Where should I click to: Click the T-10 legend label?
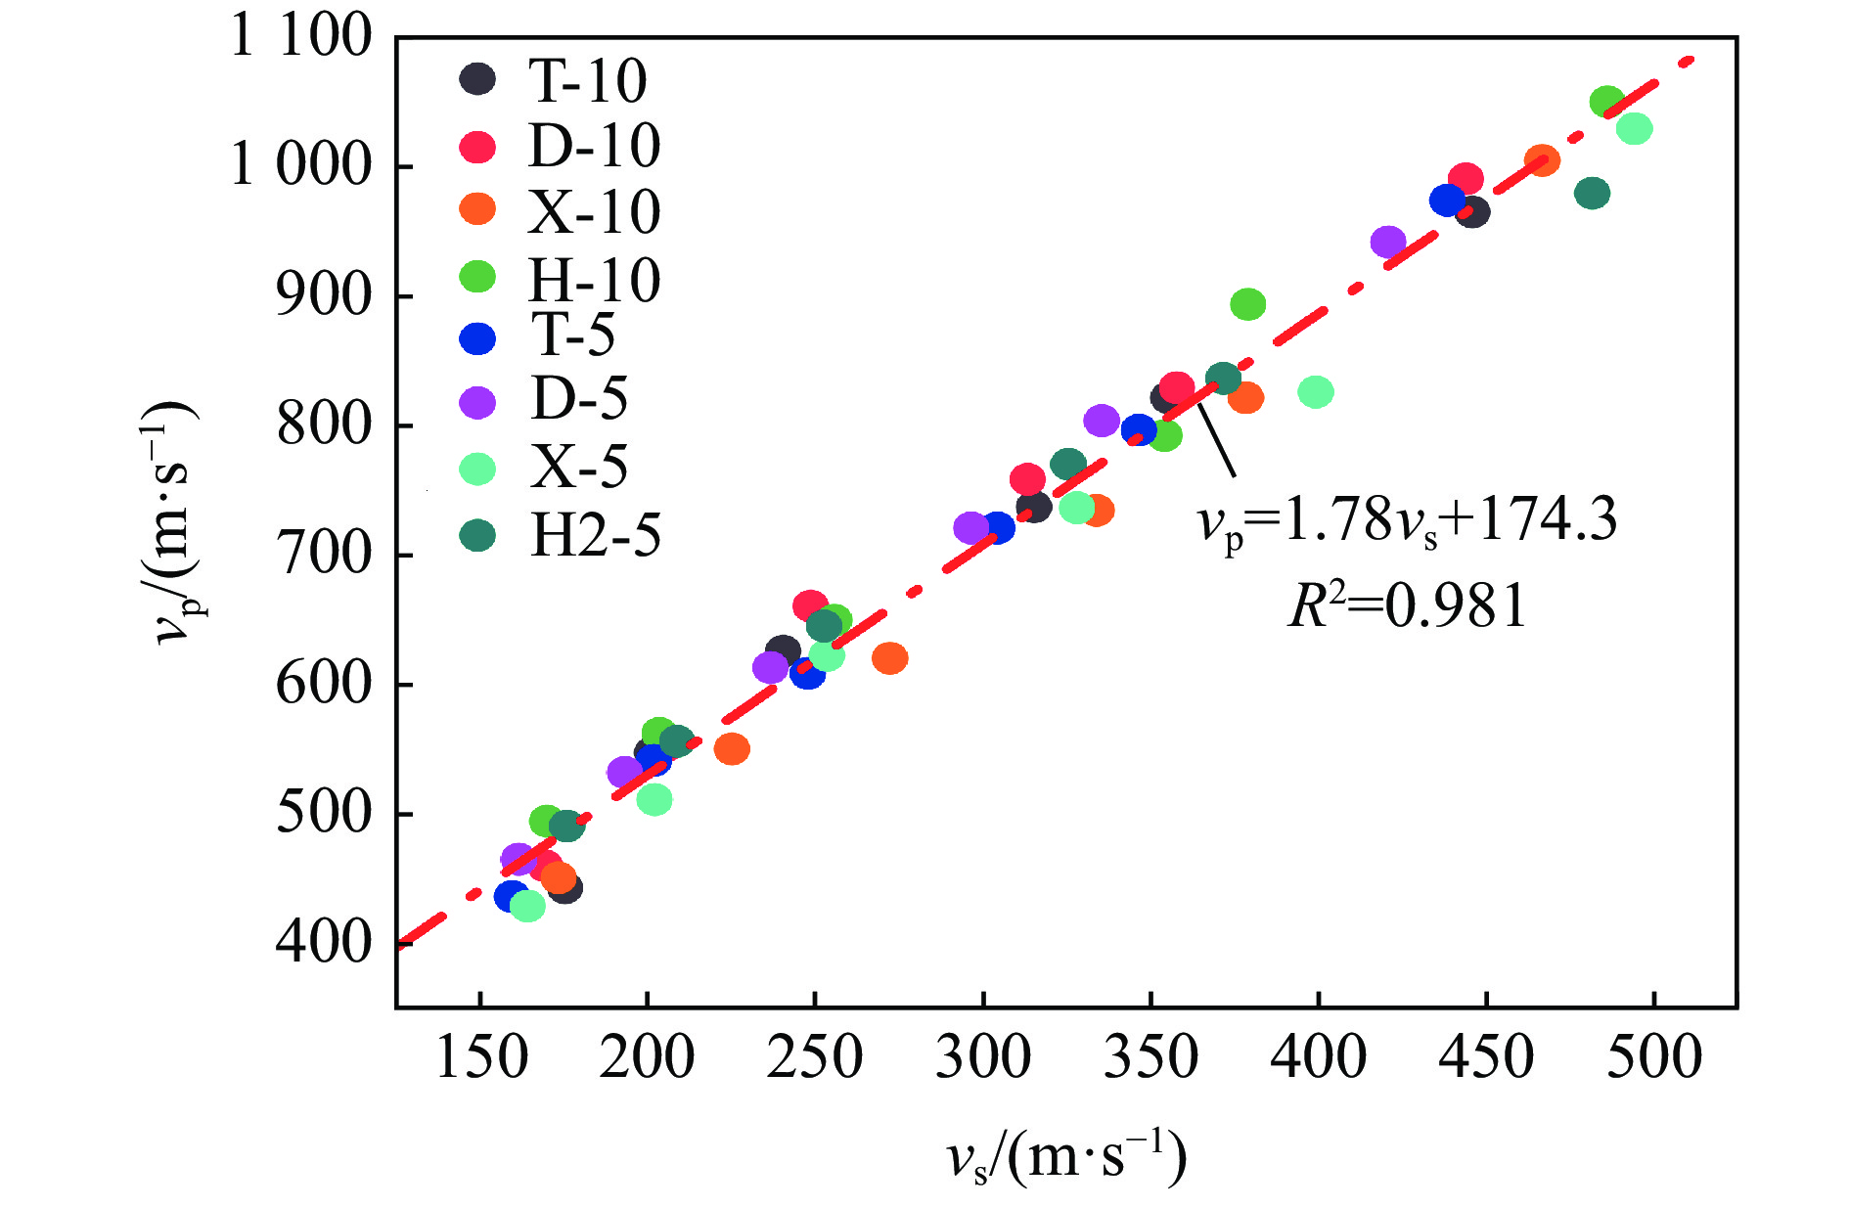pos(587,80)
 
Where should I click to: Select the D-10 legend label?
pos(594,147)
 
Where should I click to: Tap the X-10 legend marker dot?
pos(477,208)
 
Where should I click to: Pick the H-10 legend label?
pos(594,281)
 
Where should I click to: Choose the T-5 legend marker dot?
pos(477,338)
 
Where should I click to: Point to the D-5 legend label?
pos(579,399)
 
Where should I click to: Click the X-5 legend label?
pos(579,467)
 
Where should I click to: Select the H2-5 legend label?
pos(595,535)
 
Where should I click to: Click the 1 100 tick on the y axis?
pos(300,37)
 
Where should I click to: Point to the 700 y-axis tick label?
pos(324,555)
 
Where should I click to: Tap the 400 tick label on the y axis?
pos(324,943)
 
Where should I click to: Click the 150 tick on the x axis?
pos(479,1058)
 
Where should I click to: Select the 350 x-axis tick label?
pos(1150,1058)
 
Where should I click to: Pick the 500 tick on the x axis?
pos(1653,1058)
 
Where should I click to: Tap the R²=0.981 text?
pos(1407,606)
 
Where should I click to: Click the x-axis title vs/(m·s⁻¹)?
pos(1066,1158)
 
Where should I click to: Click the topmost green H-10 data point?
pos(1606,102)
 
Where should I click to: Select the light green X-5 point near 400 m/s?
pos(1316,392)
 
